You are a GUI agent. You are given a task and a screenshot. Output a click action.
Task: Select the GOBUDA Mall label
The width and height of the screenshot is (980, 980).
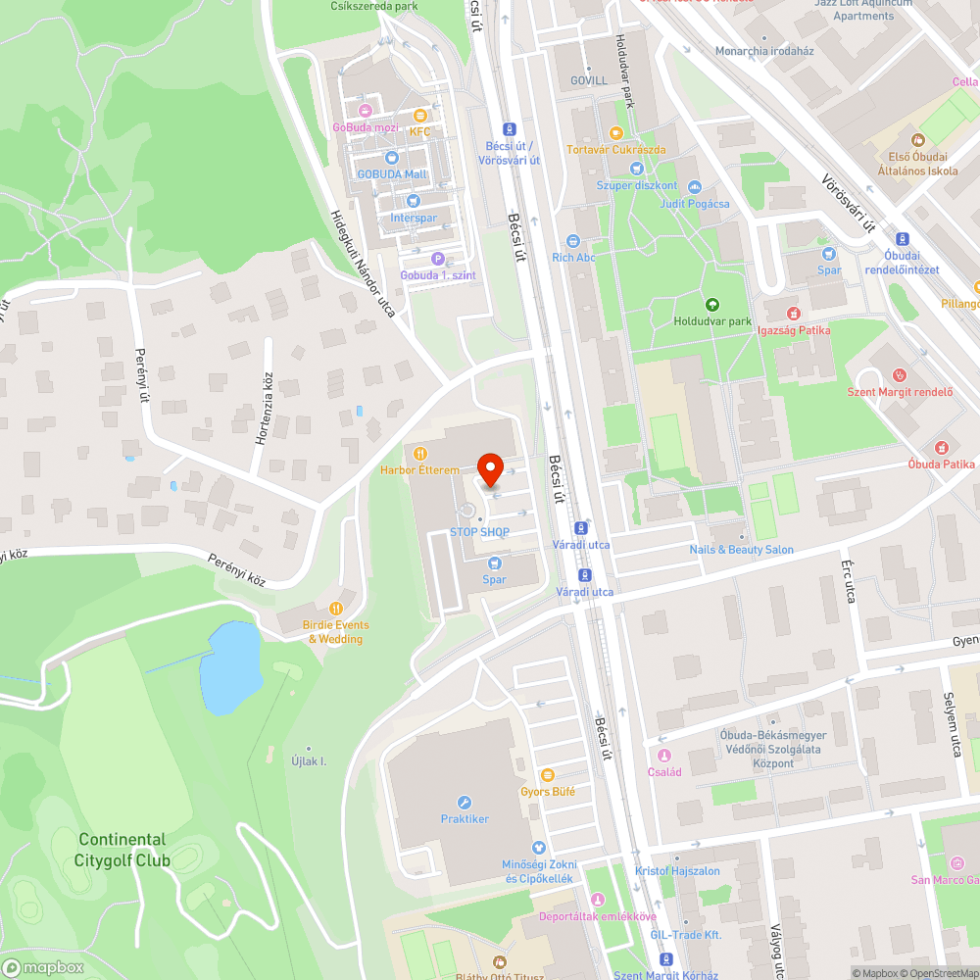pyautogui.click(x=392, y=174)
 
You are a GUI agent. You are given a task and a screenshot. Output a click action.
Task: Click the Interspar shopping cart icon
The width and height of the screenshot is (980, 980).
pyautogui.click(x=413, y=201)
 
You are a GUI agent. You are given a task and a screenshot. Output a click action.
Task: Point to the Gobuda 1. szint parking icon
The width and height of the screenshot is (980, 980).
pyautogui.click(x=437, y=259)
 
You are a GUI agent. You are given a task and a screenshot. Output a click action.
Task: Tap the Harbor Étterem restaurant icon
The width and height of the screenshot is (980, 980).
pyautogui.click(x=420, y=454)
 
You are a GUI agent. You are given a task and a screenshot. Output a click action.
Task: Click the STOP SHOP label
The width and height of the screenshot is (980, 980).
pyautogui.click(x=479, y=531)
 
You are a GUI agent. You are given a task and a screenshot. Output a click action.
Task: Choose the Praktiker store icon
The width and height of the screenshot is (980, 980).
pyautogui.click(x=465, y=802)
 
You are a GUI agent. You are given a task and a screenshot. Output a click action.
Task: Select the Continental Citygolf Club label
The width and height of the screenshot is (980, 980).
pyautogui.click(x=122, y=851)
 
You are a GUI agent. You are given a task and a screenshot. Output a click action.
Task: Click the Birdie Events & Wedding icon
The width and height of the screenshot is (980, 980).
pyautogui.click(x=336, y=608)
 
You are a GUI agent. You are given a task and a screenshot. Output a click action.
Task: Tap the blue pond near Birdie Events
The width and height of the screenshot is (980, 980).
pyautogui.click(x=229, y=667)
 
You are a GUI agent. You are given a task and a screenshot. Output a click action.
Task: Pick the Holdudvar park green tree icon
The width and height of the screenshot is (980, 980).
pyautogui.click(x=711, y=304)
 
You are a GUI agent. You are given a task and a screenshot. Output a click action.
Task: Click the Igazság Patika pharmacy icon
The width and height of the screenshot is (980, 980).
pyautogui.click(x=794, y=314)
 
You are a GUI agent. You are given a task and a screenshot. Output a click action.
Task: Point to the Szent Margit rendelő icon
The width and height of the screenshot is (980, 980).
pyautogui.click(x=900, y=375)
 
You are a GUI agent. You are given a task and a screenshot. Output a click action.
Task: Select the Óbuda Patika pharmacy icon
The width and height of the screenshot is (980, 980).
pyautogui.click(x=941, y=447)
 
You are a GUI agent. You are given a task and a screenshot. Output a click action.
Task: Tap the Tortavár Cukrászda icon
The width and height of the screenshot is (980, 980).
pyautogui.click(x=615, y=133)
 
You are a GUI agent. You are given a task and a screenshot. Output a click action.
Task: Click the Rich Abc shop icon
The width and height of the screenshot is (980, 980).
pyautogui.click(x=573, y=241)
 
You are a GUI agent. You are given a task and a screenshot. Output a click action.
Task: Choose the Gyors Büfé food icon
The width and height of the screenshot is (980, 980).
pyautogui.click(x=547, y=774)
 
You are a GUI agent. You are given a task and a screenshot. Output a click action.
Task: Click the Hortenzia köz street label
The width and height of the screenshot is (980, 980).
pyautogui.click(x=264, y=410)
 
